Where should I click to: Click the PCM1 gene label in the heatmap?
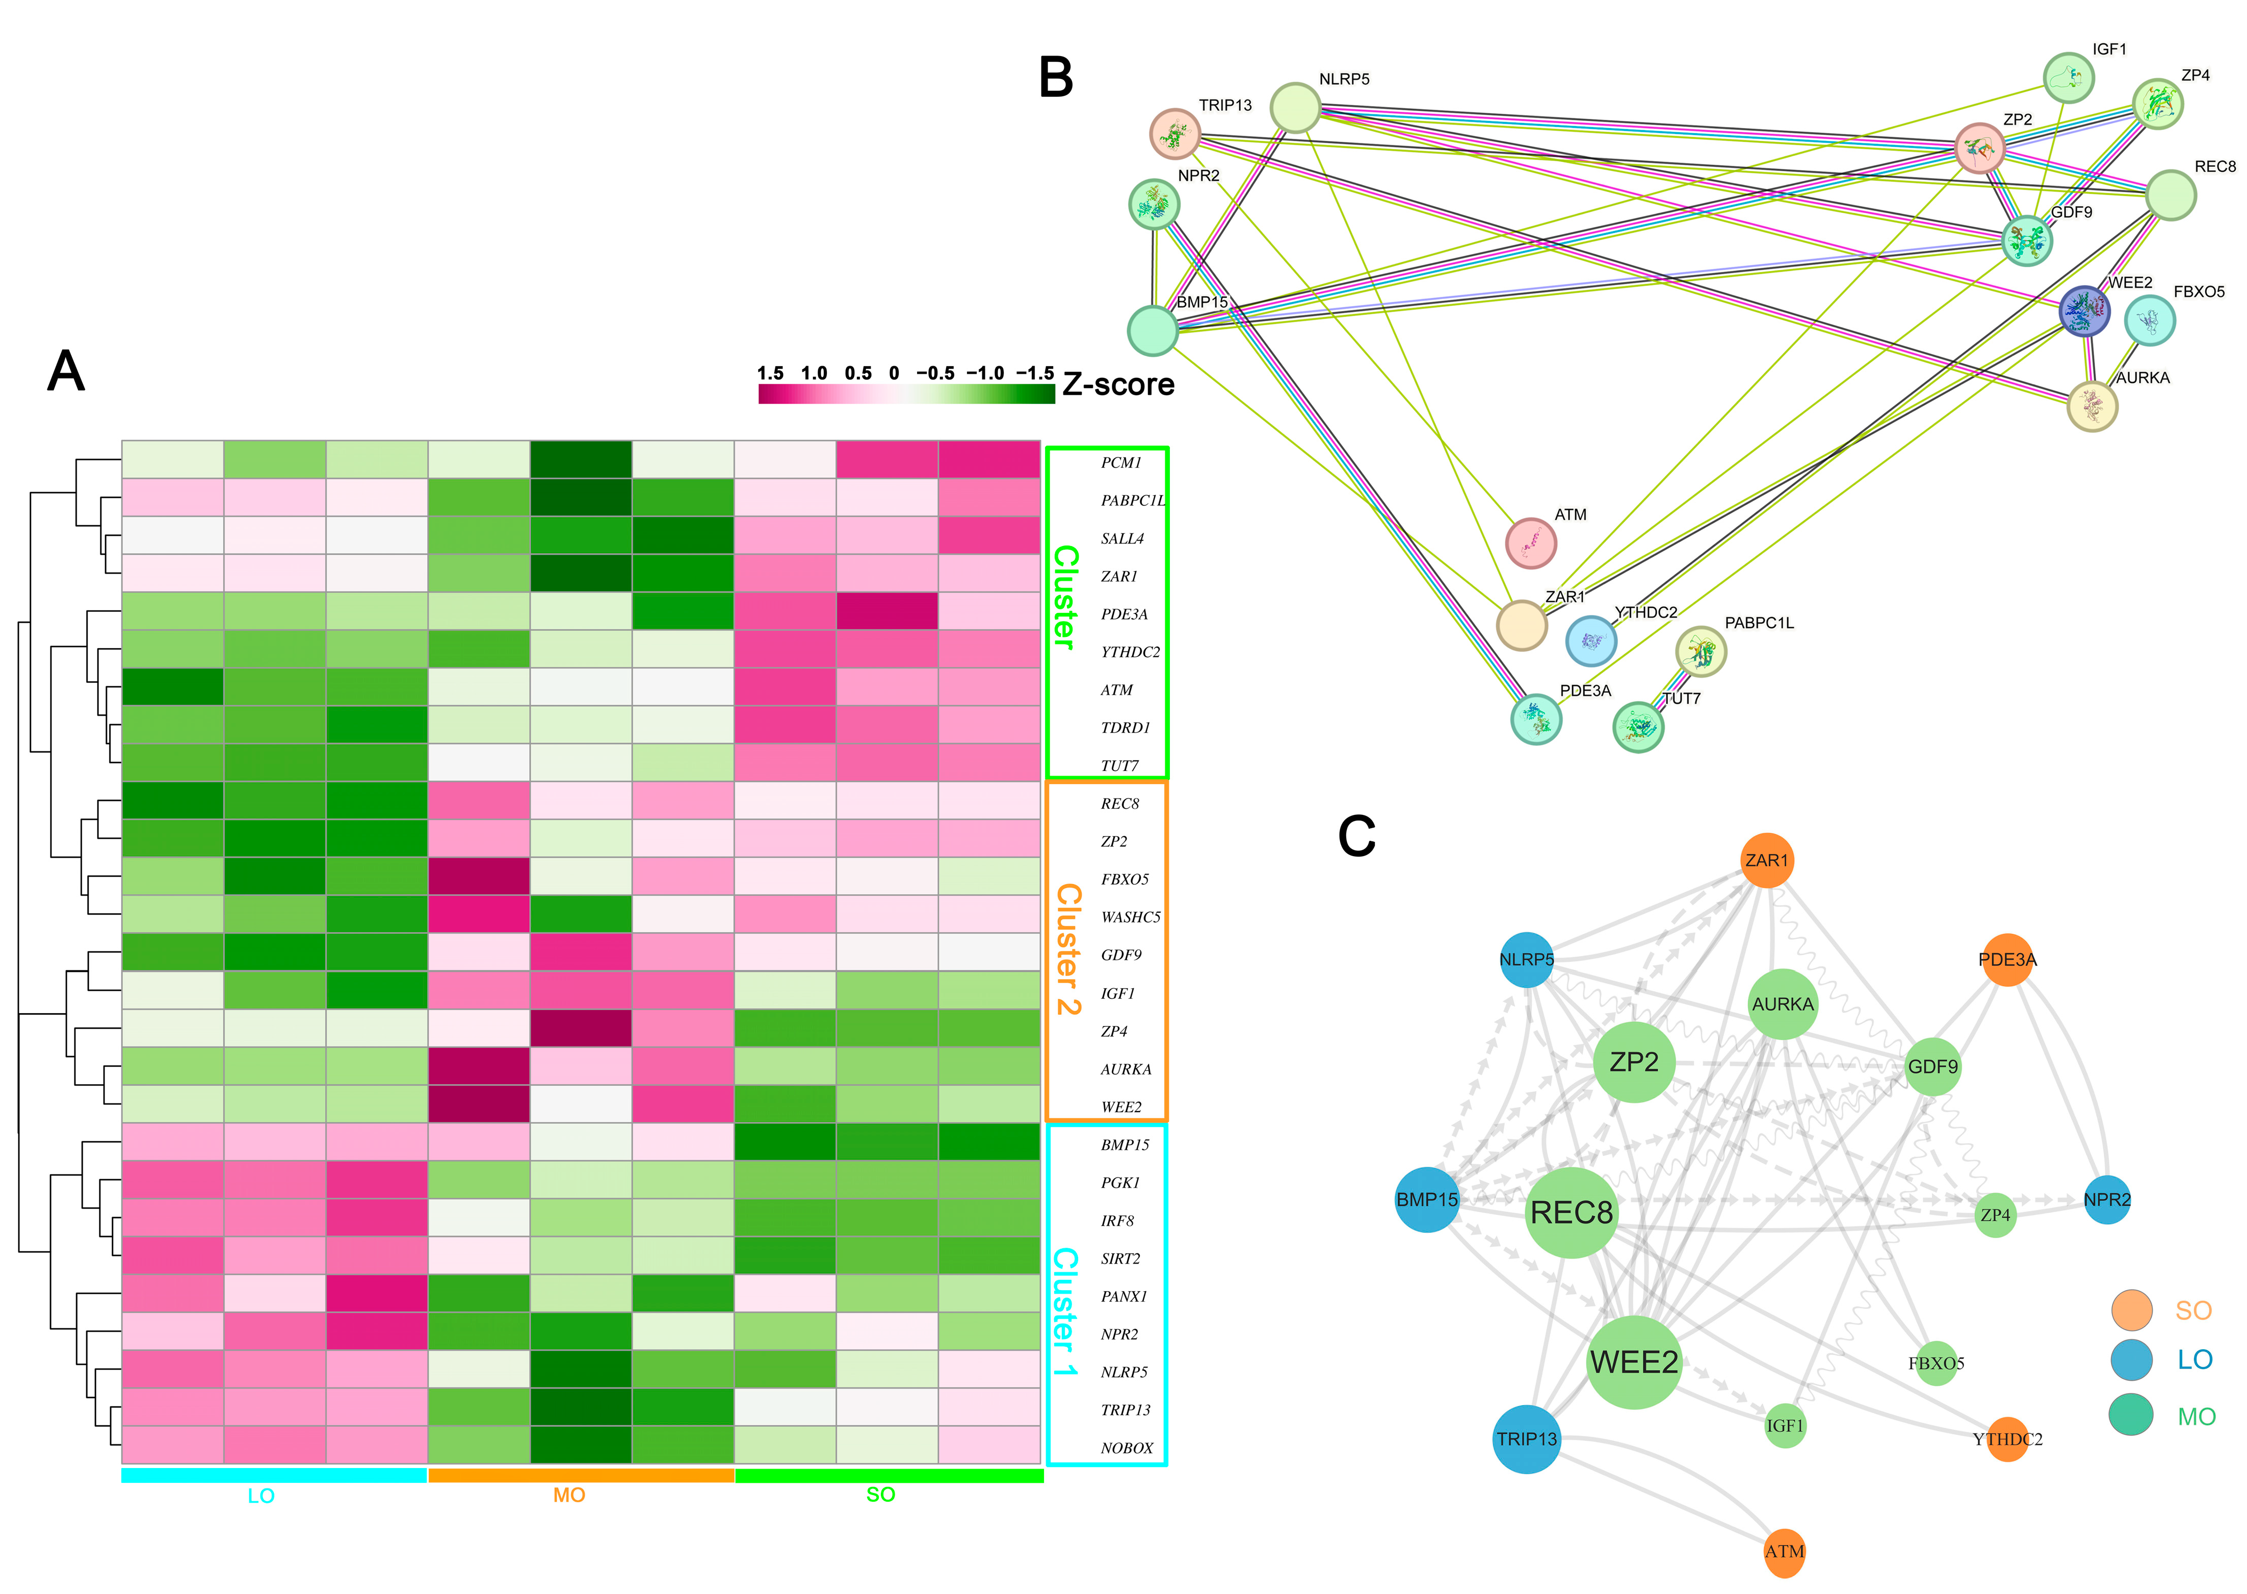coord(1120,462)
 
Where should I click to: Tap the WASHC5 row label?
coord(1130,917)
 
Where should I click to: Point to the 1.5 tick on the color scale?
coord(770,373)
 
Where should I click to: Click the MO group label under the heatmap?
coord(569,1495)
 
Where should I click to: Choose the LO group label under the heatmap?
coord(261,1496)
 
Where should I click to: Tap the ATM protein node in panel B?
coord(1531,543)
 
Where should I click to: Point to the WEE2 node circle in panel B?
coord(2083,311)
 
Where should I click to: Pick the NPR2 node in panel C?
coord(2107,1199)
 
